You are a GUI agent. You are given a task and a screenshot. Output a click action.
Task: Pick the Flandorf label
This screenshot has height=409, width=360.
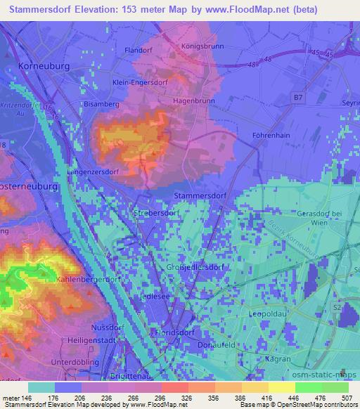click(x=138, y=50)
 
